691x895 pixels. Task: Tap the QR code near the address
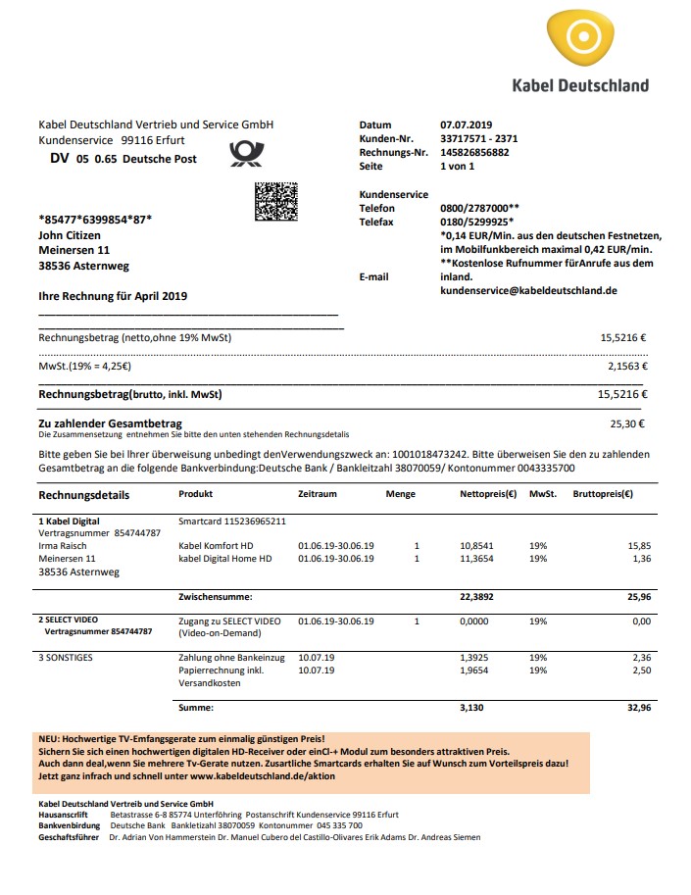click(275, 201)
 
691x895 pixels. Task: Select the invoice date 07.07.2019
click(467, 125)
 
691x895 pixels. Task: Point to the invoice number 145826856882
click(475, 153)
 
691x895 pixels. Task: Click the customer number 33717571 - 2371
click(479, 139)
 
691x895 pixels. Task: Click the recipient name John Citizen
click(68, 234)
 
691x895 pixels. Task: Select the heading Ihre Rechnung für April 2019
click(113, 296)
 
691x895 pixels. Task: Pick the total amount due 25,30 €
click(626, 424)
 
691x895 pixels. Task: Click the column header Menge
click(400, 495)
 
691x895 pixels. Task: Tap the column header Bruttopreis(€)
click(602, 495)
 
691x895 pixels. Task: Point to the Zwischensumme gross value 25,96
click(638, 596)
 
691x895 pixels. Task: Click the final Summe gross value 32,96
click(638, 706)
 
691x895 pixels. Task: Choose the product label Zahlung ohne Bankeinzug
click(231, 658)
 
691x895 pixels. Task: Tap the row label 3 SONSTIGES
click(66, 658)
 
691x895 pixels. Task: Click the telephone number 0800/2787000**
click(480, 209)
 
